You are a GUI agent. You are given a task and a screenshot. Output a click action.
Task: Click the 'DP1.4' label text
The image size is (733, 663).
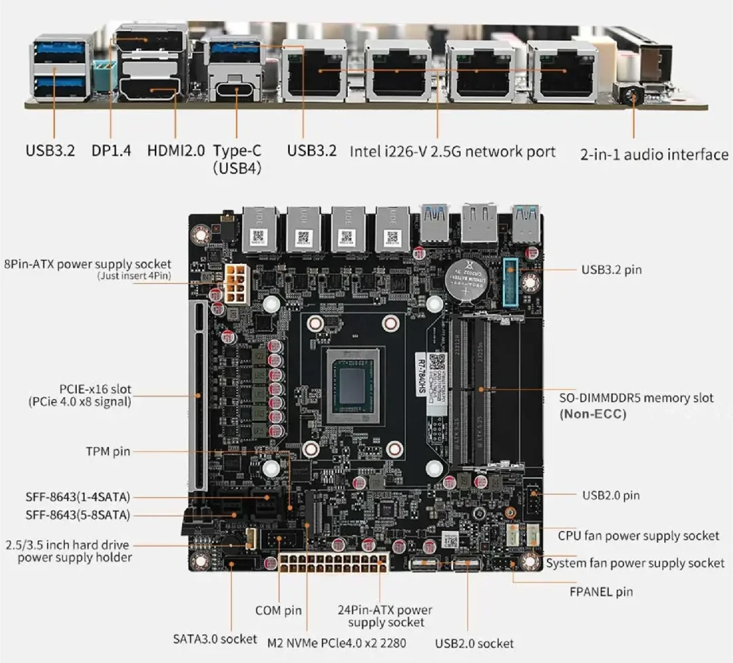tap(111, 151)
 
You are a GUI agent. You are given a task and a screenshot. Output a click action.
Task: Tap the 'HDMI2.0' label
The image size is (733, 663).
tap(176, 151)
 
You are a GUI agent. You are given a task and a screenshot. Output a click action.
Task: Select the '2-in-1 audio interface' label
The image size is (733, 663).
tap(654, 155)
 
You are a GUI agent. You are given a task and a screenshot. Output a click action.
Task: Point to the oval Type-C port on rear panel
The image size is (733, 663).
tap(235, 90)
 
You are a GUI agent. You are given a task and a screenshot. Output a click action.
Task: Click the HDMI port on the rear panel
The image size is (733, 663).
tap(149, 90)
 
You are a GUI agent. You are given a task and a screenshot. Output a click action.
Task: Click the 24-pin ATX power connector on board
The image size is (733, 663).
tap(333, 563)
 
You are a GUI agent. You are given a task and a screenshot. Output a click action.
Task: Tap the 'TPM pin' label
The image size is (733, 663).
tap(108, 451)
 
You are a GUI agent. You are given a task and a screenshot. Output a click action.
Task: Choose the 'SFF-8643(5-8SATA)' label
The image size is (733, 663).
tap(78, 515)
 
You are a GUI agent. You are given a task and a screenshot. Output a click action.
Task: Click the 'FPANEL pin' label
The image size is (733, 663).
tap(601, 592)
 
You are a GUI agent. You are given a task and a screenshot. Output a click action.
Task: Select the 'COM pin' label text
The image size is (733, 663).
tap(278, 610)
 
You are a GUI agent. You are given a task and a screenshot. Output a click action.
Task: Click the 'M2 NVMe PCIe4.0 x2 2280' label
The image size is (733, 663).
tap(337, 643)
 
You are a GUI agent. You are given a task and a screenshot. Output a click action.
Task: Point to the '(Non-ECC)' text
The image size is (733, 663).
tap(593, 414)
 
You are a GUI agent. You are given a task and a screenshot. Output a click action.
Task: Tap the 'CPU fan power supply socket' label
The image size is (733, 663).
tap(639, 536)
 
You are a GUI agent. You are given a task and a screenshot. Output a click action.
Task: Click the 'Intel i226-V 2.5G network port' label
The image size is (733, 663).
tap(452, 152)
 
